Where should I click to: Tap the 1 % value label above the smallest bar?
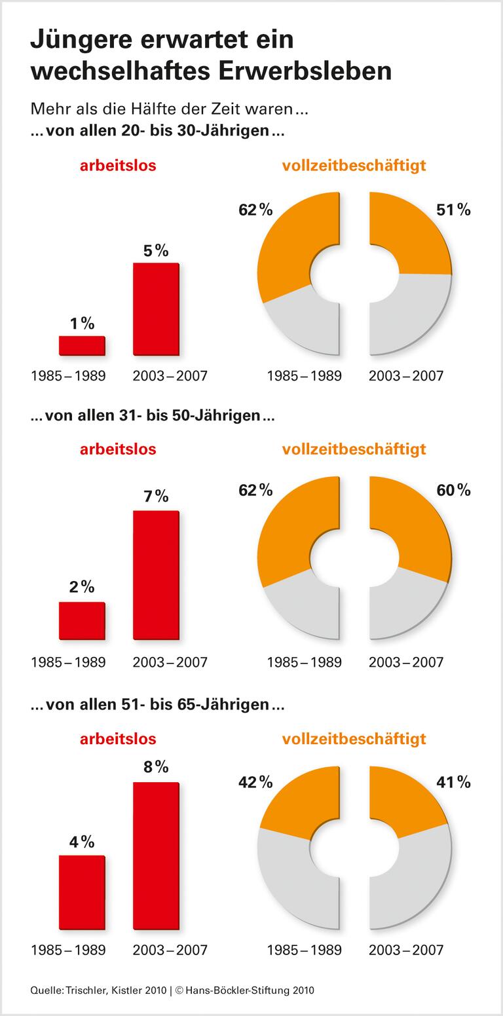tap(82, 324)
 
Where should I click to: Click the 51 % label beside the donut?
tap(453, 210)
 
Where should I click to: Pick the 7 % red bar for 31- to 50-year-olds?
tap(155, 574)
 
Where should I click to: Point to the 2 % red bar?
tap(82, 620)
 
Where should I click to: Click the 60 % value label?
tap(453, 490)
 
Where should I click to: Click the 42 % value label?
tap(255, 781)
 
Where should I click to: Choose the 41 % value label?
tap(453, 781)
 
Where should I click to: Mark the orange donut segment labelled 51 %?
tap(413, 233)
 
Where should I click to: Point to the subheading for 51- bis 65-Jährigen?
tap(157, 705)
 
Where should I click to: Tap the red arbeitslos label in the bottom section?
tap(118, 739)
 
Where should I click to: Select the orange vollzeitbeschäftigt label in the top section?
tap(354, 165)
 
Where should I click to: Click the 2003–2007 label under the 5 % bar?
tap(170, 376)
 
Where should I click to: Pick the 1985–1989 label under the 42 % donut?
tap(304, 949)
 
